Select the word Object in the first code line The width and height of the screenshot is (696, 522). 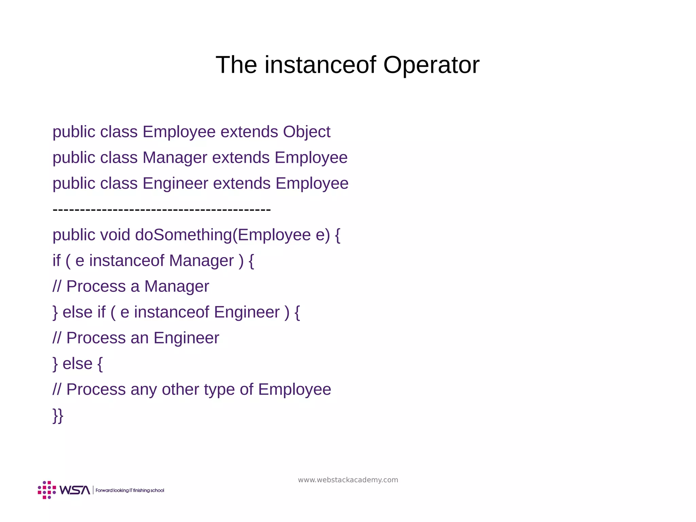(306, 132)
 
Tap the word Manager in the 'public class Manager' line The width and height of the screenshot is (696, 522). (175, 158)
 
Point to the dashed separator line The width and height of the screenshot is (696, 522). (162, 209)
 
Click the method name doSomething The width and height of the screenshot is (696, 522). (184, 235)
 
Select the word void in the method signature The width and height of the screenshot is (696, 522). (115, 235)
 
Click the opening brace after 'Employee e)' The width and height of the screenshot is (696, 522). (337, 235)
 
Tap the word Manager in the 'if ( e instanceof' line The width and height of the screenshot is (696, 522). (202, 261)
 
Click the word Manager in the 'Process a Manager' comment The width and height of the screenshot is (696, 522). (176, 286)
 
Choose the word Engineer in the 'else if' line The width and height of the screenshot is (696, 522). (247, 312)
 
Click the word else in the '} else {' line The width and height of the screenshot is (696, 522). (77, 364)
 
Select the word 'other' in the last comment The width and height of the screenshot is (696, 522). (180, 390)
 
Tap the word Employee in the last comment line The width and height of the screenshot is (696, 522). (294, 390)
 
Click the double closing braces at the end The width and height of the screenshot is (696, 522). (58, 416)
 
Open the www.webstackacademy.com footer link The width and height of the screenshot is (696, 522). (348, 480)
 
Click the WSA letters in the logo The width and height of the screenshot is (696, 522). (74, 490)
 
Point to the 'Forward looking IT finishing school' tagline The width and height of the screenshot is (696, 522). (130, 490)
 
